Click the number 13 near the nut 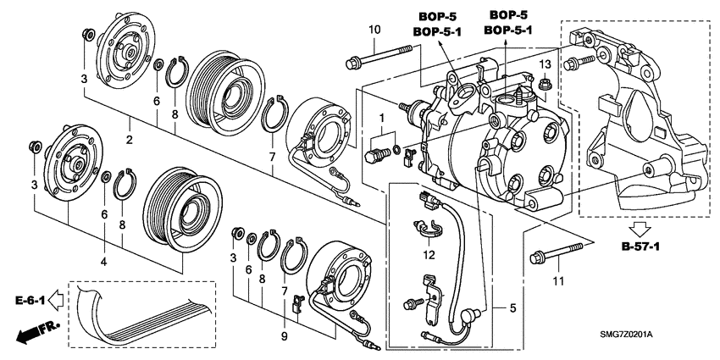546,65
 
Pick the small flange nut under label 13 546,84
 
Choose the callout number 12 429,254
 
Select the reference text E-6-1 29,299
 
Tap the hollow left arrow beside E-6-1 57,299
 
